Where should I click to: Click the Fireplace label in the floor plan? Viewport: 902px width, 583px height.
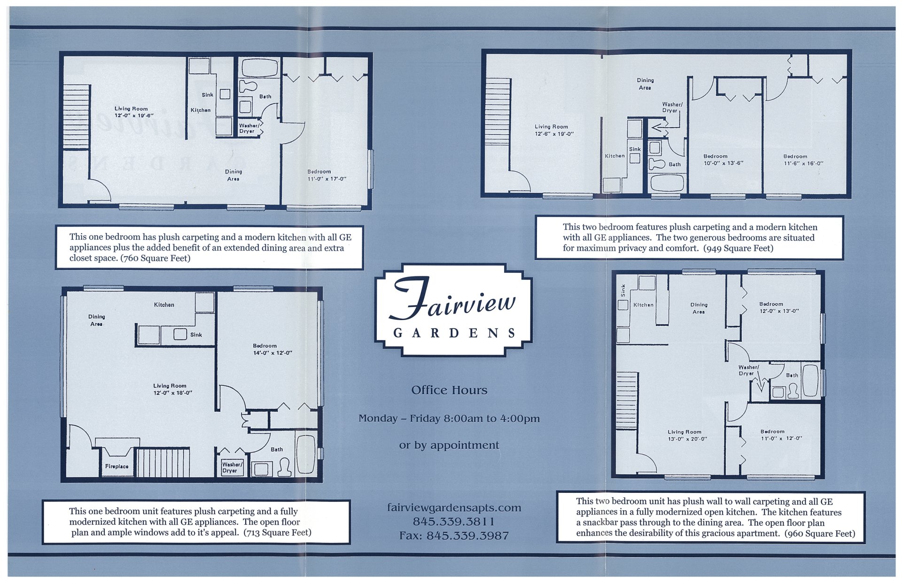117,466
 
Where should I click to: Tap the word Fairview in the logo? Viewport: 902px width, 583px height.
454,300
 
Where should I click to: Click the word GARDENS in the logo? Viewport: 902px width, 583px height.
454,333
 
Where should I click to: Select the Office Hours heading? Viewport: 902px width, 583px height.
449,390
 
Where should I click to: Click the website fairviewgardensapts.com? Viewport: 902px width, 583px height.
454,507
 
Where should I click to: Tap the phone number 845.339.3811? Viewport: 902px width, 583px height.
453,522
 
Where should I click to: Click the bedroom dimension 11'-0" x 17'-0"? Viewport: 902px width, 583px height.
327,179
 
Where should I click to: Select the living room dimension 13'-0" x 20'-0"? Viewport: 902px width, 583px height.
687,439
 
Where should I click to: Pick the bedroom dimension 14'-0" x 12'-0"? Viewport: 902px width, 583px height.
272,353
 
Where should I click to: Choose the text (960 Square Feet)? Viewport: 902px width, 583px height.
820,533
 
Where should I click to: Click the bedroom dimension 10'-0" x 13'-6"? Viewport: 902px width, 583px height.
723,163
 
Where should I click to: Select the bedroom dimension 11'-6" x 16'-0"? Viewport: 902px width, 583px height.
803,163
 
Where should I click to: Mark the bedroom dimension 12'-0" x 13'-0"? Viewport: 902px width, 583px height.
779,311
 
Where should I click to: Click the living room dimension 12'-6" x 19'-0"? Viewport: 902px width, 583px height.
554,134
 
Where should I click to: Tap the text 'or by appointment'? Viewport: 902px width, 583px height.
449,445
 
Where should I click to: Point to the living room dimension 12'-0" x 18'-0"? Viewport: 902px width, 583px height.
172,393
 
